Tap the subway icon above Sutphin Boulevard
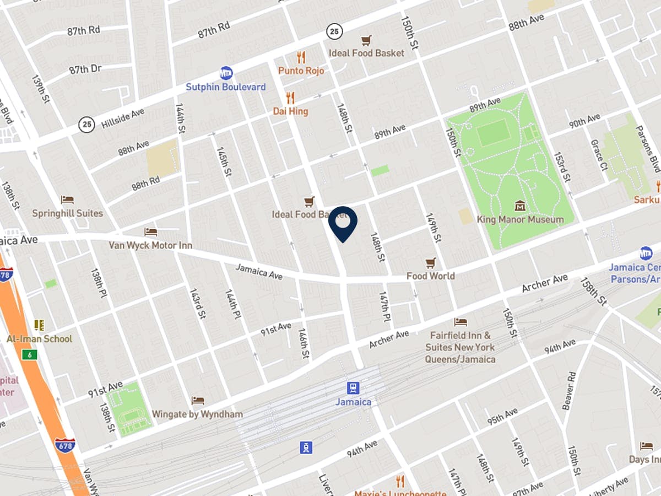226,73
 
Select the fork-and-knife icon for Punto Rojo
301,57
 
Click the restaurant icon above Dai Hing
291,98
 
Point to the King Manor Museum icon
520,206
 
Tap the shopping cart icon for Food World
431,263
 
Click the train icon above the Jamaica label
353,388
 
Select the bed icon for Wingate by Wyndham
197,401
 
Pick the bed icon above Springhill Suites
67,200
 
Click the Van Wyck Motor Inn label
150,245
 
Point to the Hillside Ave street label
122,118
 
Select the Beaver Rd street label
568,390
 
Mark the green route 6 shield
29,355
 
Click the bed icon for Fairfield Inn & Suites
460,322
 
